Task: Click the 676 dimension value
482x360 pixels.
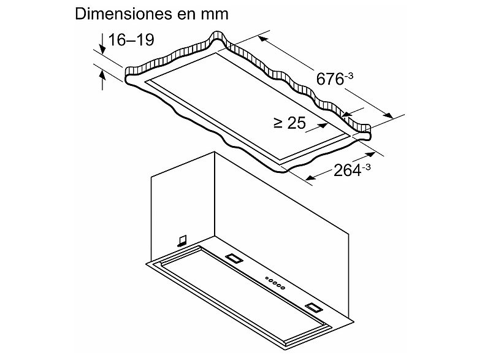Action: [x=329, y=80]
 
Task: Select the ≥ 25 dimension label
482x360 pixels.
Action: [x=289, y=123]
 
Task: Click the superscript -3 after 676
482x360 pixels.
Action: [x=350, y=75]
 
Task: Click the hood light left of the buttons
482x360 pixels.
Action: [x=234, y=258]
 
